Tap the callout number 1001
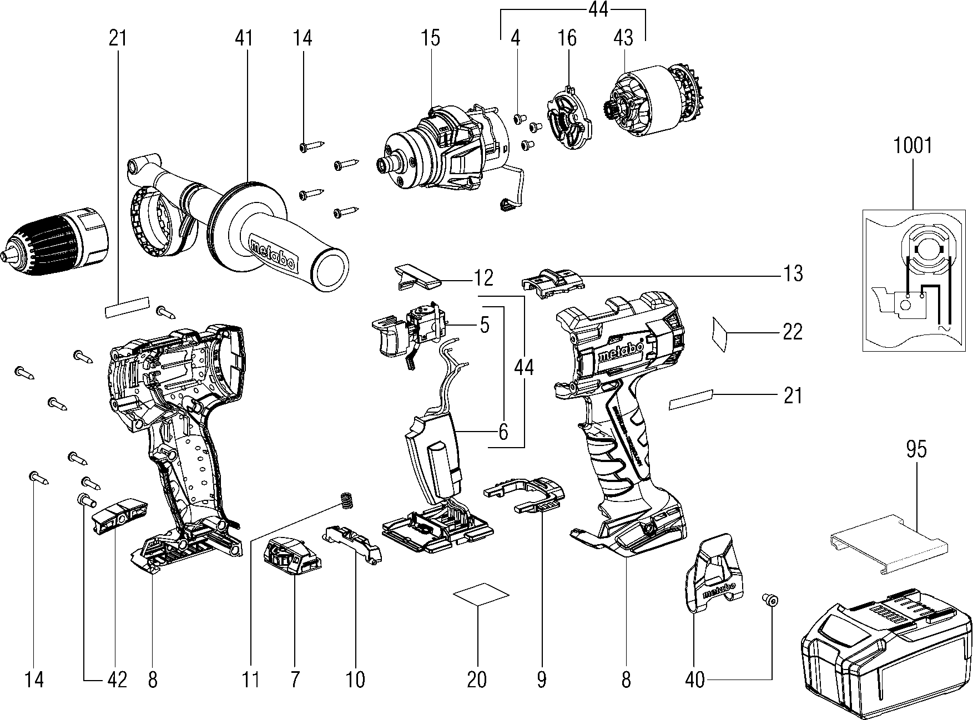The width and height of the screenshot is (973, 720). tap(912, 146)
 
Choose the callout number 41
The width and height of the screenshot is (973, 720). tap(244, 38)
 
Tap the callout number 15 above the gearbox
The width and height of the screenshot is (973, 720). tap(430, 38)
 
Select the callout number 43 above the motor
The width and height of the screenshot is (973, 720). tap(623, 38)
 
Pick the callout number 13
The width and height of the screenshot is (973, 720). tap(793, 273)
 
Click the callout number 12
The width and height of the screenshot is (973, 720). tap(484, 277)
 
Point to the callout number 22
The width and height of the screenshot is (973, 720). tap(793, 332)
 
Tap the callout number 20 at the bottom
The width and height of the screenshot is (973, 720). tap(477, 680)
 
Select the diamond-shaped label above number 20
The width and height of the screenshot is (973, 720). tap(481, 594)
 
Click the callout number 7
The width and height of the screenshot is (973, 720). tap(294, 680)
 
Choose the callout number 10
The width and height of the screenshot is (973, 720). tap(355, 680)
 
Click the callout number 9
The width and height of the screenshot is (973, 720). tap(542, 680)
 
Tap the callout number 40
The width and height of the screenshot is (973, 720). tap(695, 680)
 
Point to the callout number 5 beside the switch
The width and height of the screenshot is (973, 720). tap(485, 325)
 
